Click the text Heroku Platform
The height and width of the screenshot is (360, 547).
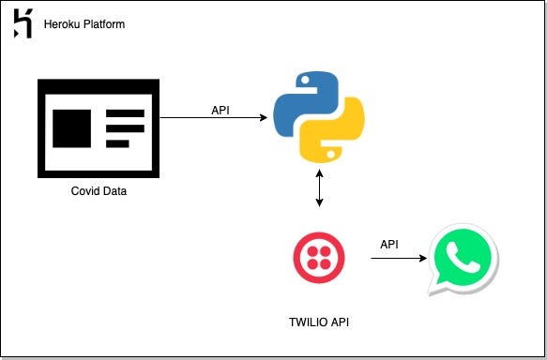[84, 23]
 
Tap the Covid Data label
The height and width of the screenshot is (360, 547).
[99, 191]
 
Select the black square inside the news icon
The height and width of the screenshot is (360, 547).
[72, 127]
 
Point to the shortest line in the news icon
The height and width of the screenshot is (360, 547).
[117, 143]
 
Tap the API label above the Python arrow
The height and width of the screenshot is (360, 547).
[220, 108]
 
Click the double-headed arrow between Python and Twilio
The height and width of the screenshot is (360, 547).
[321, 189]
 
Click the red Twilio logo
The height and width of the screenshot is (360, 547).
[318, 256]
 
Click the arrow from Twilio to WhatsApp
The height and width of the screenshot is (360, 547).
[393, 257]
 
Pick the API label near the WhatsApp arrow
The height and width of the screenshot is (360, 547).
[389, 245]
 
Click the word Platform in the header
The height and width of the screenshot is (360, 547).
[103, 23]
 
